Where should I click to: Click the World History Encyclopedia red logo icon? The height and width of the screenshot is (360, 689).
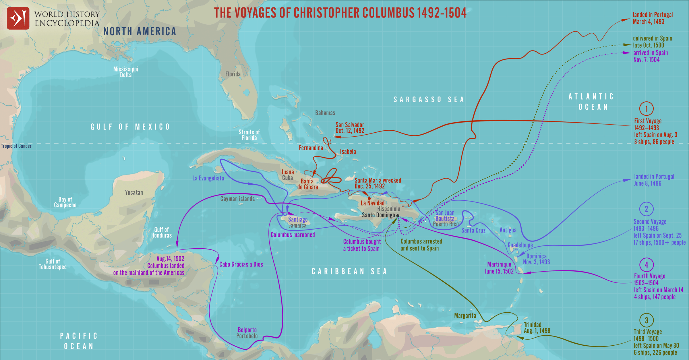click(x=18, y=18)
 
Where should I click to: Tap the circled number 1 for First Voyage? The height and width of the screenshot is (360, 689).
click(x=646, y=109)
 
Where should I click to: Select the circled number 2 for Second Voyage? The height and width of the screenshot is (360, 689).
click(x=646, y=209)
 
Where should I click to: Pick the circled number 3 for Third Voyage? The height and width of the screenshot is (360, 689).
click(x=646, y=320)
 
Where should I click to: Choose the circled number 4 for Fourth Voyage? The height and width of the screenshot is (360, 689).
click(x=646, y=265)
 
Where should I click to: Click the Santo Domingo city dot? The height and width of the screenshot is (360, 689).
click(x=398, y=216)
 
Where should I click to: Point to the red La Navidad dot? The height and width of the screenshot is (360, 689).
click(x=369, y=198)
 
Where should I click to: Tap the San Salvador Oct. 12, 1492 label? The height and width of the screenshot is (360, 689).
click(x=350, y=128)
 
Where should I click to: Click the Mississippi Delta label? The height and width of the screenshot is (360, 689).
click(x=126, y=72)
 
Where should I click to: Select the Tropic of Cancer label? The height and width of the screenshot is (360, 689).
click(x=16, y=146)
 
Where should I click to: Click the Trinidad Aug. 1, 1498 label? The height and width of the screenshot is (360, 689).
click(x=537, y=328)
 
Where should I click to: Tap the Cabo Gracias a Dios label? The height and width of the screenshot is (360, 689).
click(x=241, y=264)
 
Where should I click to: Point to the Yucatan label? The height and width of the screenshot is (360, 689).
click(x=134, y=192)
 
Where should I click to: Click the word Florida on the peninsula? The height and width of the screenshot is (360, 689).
click(x=233, y=74)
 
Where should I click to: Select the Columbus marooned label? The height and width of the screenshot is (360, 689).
click(x=293, y=235)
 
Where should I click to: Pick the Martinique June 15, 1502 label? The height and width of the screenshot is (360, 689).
click(x=499, y=268)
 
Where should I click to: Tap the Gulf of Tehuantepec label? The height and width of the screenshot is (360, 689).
click(x=53, y=264)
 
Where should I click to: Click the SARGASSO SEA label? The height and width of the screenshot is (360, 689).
click(x=429, y=100)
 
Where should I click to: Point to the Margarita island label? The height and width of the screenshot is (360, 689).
click(x=465, y=316)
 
